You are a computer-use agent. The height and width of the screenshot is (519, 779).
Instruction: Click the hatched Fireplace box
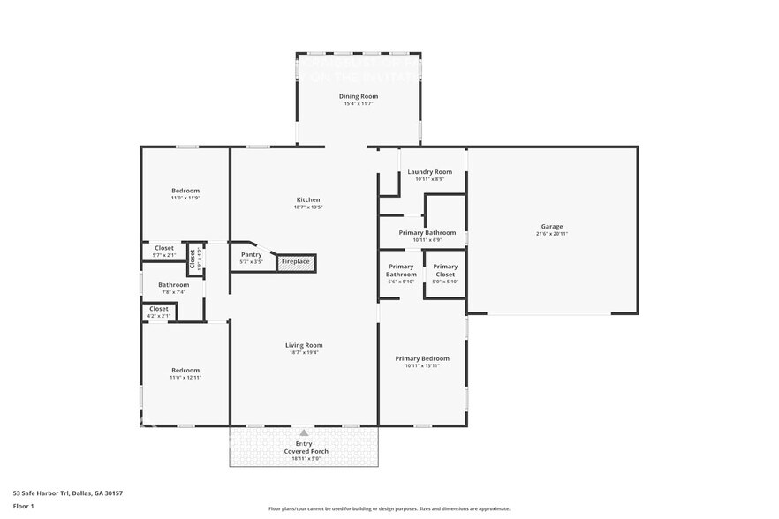tap(296, 262)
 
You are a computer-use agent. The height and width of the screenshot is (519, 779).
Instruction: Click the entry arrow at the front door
tap(304, 433)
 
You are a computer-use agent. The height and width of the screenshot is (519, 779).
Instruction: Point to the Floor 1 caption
tap(23, 506)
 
